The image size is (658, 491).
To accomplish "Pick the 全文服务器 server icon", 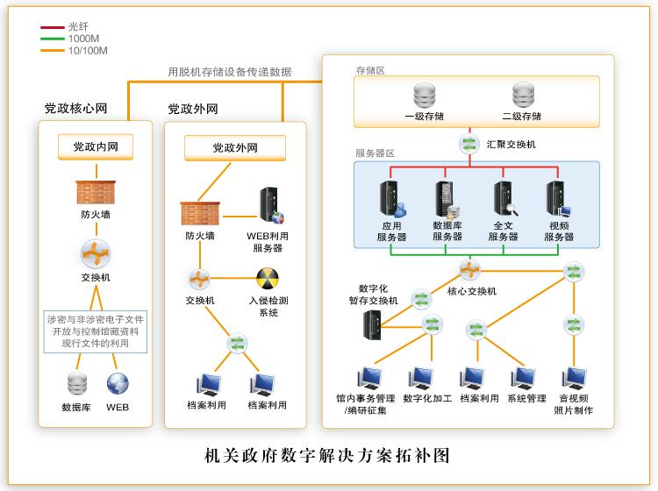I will [504, 200].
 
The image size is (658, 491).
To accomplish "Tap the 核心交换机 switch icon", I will [469, 269].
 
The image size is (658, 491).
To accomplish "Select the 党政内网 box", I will [95, 146].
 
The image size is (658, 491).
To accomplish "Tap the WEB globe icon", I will [118, 384].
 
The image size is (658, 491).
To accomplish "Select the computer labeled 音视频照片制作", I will [575, 378].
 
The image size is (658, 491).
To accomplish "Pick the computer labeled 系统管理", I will [525, 378].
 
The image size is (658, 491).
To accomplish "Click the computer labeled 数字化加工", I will [425, 378].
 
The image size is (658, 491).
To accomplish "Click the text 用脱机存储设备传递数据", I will [230, 72].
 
